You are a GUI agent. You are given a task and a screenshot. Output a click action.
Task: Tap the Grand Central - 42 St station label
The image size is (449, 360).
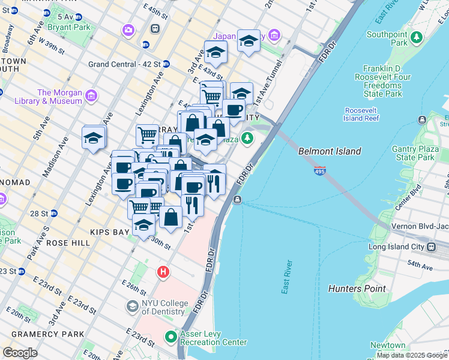pyautogui.click(x=124, y=64)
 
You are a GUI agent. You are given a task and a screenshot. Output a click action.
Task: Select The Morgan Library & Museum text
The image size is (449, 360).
pyautogui.click(x=59, y=97)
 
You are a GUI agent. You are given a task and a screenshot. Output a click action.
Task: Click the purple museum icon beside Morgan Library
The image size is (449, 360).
pyautogui.click(x=91, y=95)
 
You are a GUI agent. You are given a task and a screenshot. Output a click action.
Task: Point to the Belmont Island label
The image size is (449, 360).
pyautogui.click(x=330, y=152)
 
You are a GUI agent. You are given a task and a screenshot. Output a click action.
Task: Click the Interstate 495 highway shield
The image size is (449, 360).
pyautogui.click(x=320, y=172)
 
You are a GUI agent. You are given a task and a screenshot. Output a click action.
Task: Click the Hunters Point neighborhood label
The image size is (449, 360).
pyautogui.click(x=357, y=289)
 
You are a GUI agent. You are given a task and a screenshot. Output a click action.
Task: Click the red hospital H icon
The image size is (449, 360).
pyautogui.click(x=163, y=272)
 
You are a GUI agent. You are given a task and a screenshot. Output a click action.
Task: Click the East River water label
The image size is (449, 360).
pyautogui.click(x=287, y=277)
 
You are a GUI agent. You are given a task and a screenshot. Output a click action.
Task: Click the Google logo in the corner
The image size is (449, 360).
pyautogui.click(x=20, y=353)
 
